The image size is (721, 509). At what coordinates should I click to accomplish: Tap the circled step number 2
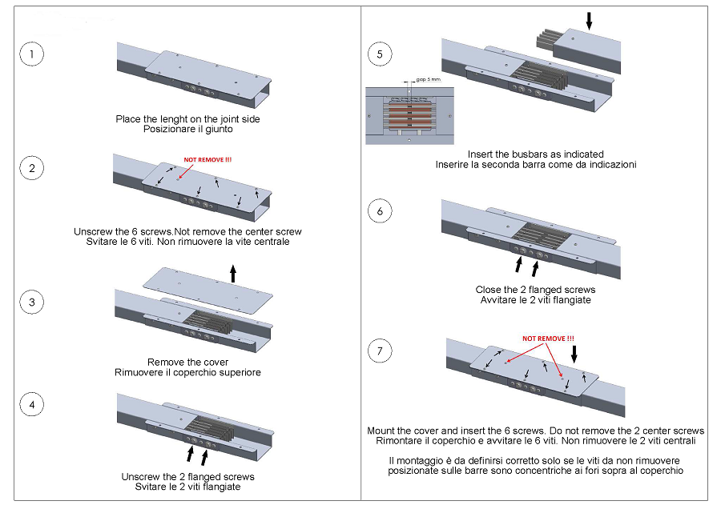click(x=31, y=168)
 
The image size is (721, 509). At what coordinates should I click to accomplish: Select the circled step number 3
click(x=31, y=303)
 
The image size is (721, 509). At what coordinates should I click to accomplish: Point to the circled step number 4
click(x=31, y=404)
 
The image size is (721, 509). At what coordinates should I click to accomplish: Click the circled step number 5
click(x=380, y=54)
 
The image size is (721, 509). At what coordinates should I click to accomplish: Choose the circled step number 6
click(x=380, y=211)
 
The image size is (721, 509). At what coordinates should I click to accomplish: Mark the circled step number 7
click(x=380, y=351)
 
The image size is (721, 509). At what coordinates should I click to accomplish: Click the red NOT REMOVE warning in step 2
click(x=208, y=159)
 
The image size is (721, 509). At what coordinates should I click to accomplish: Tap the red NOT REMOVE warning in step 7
click(x=548, y=339)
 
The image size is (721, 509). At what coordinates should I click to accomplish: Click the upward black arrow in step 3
click(x=233, y=274)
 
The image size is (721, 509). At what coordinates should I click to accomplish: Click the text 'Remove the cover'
click(x=188, y=362)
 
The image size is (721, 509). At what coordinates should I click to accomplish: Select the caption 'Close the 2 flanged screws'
click(x=535, y=289)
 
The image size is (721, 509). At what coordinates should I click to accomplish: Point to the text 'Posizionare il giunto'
click(x=187, y=129)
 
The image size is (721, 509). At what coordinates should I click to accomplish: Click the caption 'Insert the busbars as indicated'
click(x=535, y=154)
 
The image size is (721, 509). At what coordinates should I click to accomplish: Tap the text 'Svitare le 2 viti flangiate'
click(x=188, y=487)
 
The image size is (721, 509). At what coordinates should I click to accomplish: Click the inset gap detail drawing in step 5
click(x=409, y=114)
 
